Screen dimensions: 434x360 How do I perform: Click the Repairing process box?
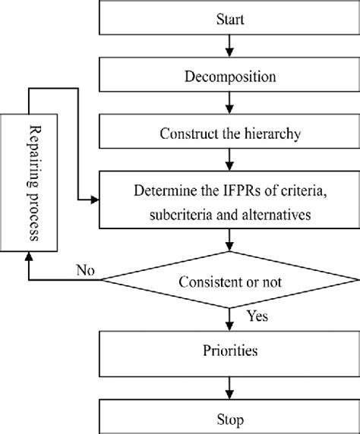click(x=29, y=184)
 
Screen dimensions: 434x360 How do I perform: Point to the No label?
click(x=86, y=269)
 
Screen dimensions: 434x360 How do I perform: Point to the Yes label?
click(x=257, y=315)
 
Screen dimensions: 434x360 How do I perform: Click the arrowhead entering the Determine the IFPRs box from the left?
click(x=96, y=201)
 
